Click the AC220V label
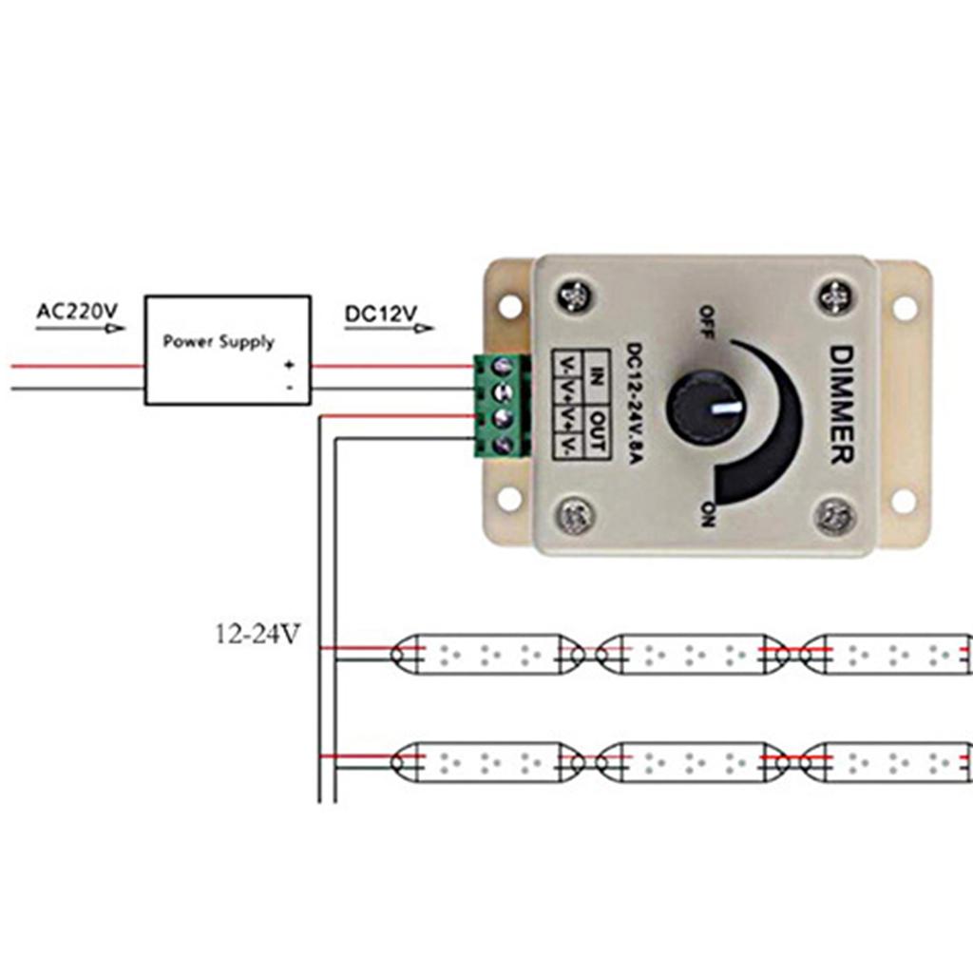(77, 311)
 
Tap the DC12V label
(381, 312)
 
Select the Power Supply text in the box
(219, 341)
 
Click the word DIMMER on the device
(842, 405)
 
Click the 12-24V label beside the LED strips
(258, 634)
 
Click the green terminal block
(501, 406)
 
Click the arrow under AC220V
(81, 329)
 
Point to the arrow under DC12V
(390, 329)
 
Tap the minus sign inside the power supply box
(290, 388)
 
